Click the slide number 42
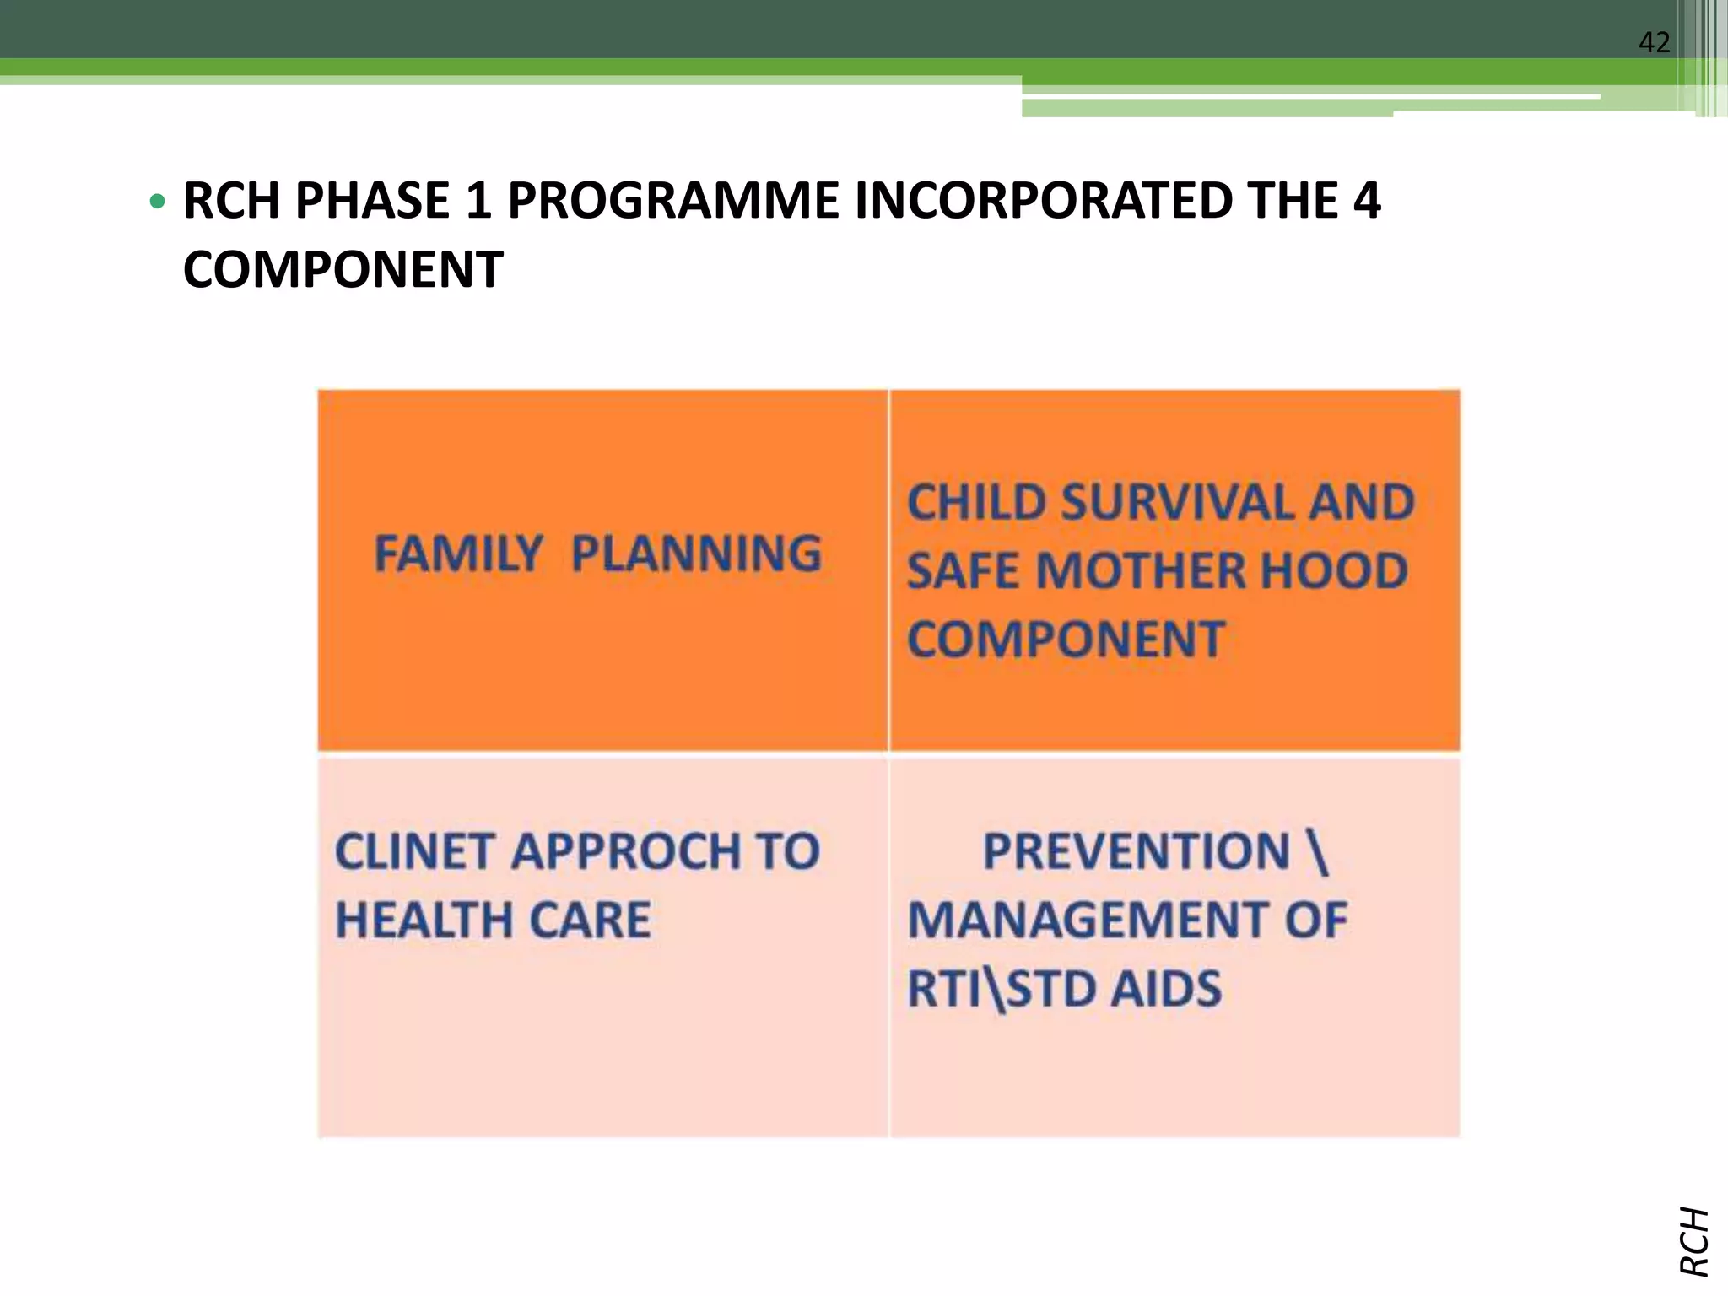coord(1654,42)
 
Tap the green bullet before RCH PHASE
coord(157,202)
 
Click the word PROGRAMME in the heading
coord(672,201)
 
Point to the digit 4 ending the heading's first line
coord(1367,201)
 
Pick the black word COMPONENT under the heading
coord(343,270)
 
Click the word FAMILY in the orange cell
coord(458,553)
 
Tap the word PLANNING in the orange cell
coord(696,553)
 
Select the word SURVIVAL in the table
coord(1177,502)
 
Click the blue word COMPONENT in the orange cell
coord(1066,639)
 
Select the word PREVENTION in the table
coord(1137,850)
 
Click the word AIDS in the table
coord(1165,988)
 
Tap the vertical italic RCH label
coord(1694,1240)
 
